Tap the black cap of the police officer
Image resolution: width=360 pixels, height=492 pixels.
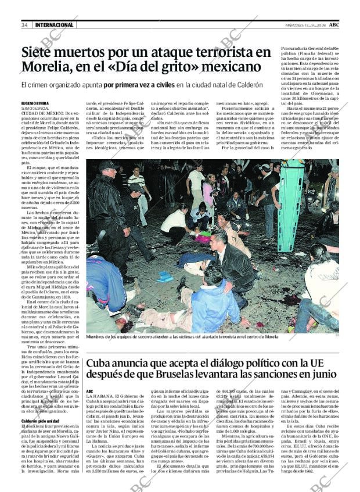(109, 165)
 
